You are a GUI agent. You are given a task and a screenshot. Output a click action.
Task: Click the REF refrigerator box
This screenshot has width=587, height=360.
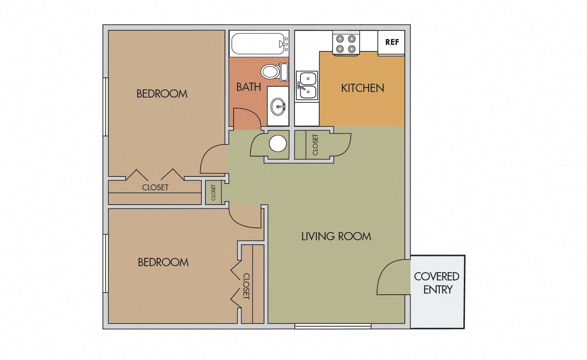pyautogui.click(x=391, y=42)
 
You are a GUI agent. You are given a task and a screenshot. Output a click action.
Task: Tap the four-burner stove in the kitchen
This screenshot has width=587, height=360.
pyautogui.click(x=346, y=44)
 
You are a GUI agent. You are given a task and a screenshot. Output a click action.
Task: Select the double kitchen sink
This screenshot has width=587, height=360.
pyautogui.click(x=307, y=86)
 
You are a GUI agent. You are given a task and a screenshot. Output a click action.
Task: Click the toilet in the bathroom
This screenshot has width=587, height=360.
pyautogui.click(x=275, y=72)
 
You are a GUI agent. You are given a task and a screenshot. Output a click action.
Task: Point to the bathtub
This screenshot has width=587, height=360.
pyautogui.click(x=258, y=44)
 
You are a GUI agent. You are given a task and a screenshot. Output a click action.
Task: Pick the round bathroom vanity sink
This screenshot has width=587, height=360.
pyautogui.click(x=278, y=106)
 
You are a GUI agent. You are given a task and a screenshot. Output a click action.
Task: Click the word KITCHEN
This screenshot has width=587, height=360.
pyautogui.click(x=362, y=88)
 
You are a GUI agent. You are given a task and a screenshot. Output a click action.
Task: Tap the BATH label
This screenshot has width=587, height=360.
pyautogui.click(x=248, y=87)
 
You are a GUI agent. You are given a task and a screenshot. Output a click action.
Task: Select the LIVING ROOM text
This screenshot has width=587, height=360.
pyautogui.click(x=336, y=236)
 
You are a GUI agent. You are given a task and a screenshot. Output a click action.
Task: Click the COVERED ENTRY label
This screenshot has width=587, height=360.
pyautogui.click(x=437, y=283)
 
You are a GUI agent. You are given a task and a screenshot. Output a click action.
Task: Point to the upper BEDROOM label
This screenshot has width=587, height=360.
pyautogui.click(x=162, y=94)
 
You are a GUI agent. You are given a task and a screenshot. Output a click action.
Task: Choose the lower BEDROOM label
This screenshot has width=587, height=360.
pyautogui.click(x=163, y=262)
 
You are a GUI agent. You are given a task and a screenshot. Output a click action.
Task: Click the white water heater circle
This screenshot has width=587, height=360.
pyautogui.click(x=278, y=143)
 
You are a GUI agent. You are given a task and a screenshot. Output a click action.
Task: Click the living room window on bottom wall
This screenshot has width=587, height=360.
pyautogui.click(x=333, y=326)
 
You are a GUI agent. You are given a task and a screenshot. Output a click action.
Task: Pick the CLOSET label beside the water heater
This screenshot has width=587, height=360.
pyautogui.click(x=315, y=145)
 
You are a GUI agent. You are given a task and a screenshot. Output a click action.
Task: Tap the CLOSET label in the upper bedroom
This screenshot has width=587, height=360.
pyautogui.click(x=155, y=187)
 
